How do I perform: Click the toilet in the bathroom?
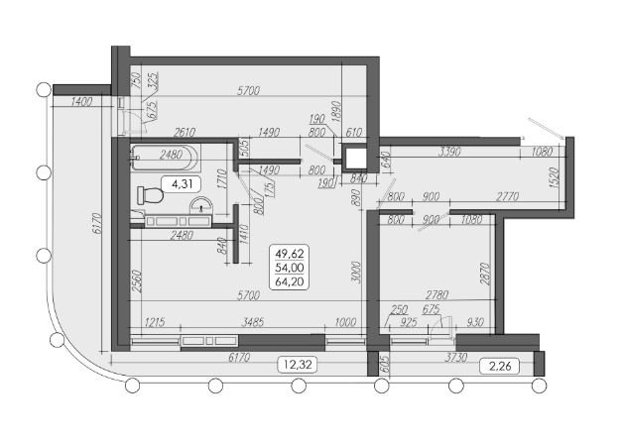click(150, 195)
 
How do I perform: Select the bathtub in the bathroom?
click(165, 158)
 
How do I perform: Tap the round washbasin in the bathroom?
click(201, 205)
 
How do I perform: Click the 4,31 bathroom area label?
click(182, 184)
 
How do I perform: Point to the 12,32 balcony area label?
click(298, 365)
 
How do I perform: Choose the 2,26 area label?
click(500, 366)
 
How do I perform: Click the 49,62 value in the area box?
click(290, 254)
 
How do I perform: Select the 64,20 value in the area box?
click(290, 281)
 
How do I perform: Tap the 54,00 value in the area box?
click(290, 268)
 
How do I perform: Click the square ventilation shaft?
click(354, 159)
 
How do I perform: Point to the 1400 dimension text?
click(82, 102)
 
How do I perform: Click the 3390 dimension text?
click(449, 152)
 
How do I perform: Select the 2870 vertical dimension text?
click(485, 274)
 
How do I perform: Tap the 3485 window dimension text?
click(252, 321)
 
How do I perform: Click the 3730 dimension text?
click(455, 357)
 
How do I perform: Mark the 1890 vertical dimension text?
click(336, 113)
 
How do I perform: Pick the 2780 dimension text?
click(436, 295)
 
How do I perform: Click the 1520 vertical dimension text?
click(555, 177)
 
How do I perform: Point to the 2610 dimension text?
click(184, 132)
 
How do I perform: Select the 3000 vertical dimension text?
click(356, 272)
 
